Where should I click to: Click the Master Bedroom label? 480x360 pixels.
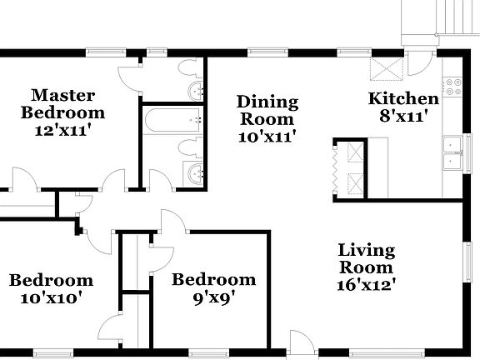coord(62,103)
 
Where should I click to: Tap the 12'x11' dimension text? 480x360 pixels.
coord(62,130)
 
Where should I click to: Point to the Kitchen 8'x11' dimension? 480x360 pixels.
coord(403,117)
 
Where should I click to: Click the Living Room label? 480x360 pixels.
coord(366,258)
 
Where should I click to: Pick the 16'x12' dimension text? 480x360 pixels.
coord(366,284)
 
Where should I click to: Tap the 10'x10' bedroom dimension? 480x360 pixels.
coord(51,297)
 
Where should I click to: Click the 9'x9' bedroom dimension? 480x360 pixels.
coord(213,297)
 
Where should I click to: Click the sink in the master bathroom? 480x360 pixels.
coord(195,88)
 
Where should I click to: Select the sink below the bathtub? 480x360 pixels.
coord(195,173)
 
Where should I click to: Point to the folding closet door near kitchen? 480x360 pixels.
coord(337,167)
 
